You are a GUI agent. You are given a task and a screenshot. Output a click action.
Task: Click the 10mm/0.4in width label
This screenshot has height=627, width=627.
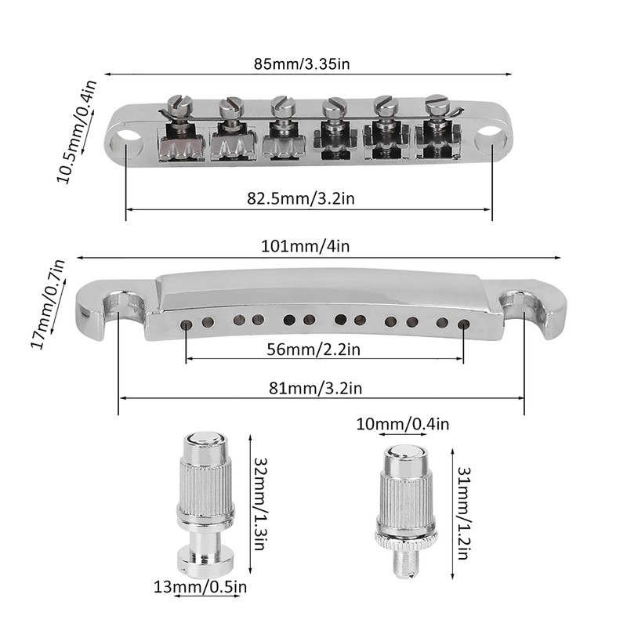click(403, 424)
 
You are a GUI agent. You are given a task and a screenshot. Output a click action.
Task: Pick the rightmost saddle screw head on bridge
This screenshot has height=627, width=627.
click(437, 100)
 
